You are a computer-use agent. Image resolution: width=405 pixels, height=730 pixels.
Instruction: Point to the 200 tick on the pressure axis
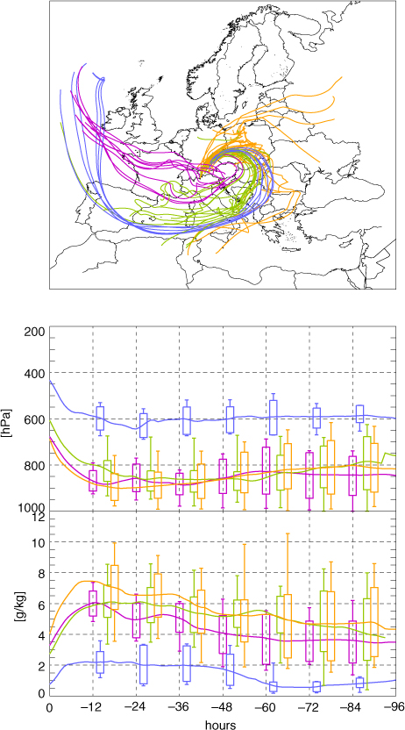pos(37,332)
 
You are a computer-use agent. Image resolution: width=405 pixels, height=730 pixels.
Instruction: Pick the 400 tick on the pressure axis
pos(37,374)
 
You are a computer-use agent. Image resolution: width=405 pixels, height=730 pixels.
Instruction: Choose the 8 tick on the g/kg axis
pos(43,574)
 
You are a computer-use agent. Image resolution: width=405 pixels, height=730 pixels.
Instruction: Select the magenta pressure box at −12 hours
pos(93,481)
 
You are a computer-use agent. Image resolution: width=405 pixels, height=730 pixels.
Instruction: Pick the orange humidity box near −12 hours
pos(114,587)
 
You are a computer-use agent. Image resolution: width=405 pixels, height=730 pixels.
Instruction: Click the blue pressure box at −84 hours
pos(360,413)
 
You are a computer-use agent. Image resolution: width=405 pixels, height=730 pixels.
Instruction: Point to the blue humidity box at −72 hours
pos(316,686)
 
